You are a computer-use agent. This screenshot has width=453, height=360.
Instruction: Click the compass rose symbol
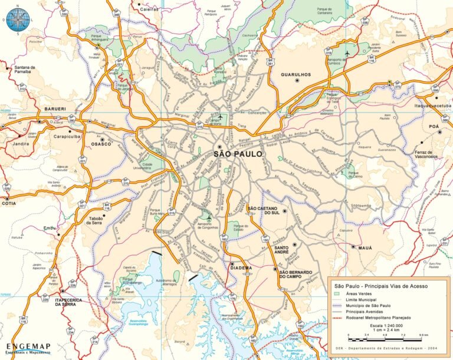pyautogui.click(x=18, y=19)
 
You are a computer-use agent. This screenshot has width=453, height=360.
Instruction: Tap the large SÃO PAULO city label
pyautogui.click(x=239, y=154)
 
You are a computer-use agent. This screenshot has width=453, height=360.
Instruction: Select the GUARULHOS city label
pyautogui.click(x=296, y=75)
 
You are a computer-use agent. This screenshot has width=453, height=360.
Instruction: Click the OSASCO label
pyautogui.click(x=101, y=144)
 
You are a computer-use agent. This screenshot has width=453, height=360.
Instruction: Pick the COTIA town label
pyautogui.click(x=9, y=203)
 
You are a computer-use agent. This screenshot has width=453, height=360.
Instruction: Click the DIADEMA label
pyautogui.click(x=241, y=267)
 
